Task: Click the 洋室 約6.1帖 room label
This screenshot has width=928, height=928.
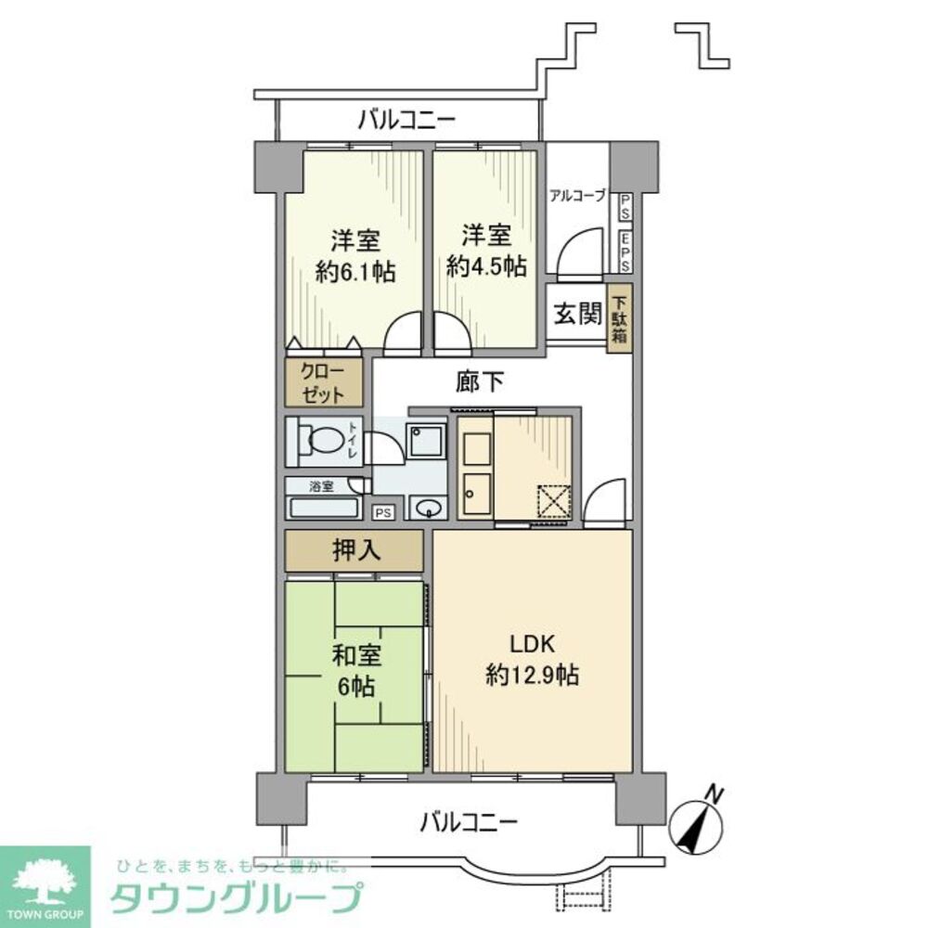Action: (x=354, y=255)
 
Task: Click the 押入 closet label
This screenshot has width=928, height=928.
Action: (x=354, y=551)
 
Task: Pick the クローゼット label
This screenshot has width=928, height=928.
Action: (x=321, y=382)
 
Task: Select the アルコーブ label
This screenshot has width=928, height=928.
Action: (x=577, y=196)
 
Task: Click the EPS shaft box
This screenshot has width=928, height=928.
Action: (x=626, y=250)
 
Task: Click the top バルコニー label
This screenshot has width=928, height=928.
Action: (x=406, y=119)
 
